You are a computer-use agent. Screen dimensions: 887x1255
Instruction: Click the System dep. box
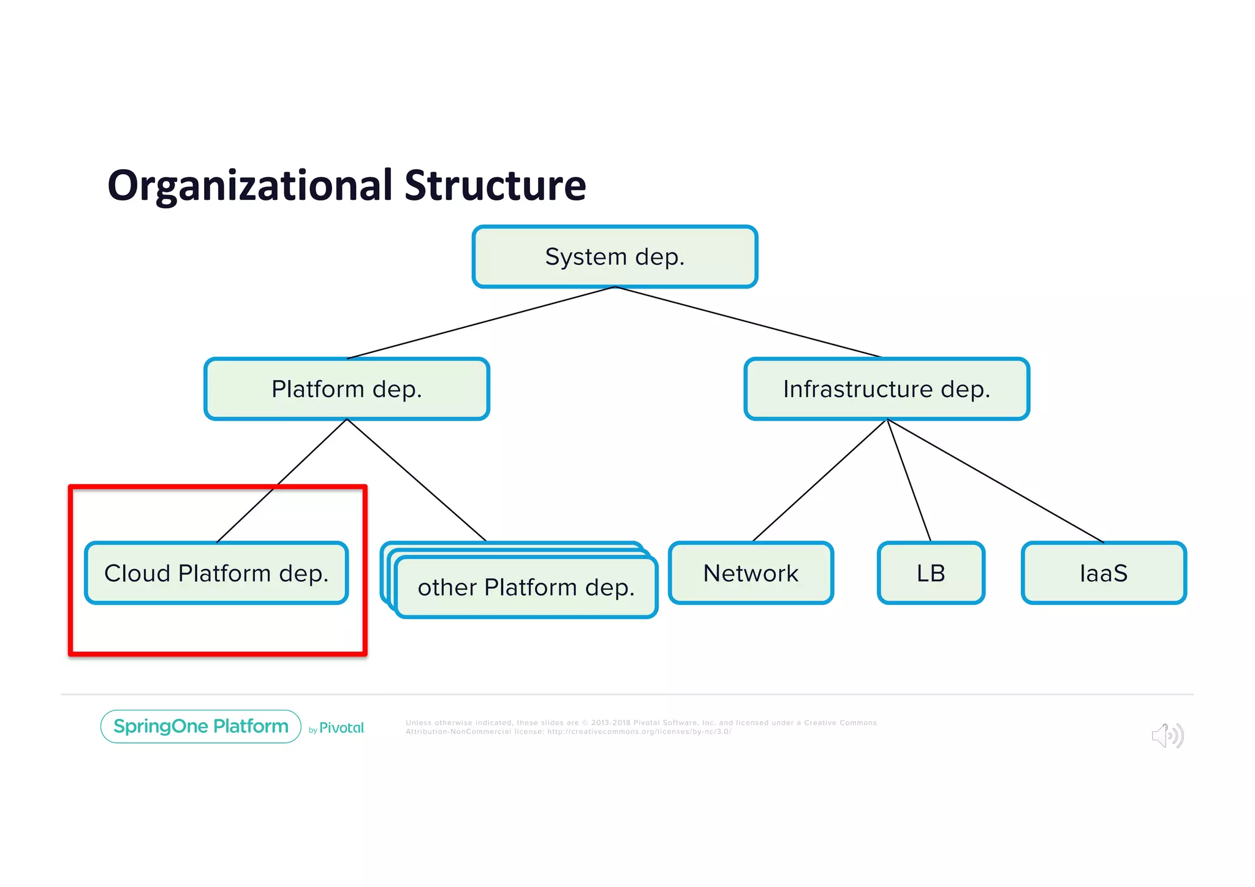point(615,257)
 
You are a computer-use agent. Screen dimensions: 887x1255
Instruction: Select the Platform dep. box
point(347,389)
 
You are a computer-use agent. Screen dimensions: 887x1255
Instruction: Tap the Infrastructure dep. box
point(887,389)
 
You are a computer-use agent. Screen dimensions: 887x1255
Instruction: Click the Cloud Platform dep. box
point(216,574)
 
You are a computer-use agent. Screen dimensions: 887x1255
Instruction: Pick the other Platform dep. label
point(526,588)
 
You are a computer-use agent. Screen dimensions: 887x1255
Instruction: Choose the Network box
point(751,574)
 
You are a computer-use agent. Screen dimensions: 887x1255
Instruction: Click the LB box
point(931,574)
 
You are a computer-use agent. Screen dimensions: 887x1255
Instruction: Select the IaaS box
point(1104,574)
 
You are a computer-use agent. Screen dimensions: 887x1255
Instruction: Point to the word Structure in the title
point(495,186)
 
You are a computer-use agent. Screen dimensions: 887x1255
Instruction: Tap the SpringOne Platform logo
point(201,726)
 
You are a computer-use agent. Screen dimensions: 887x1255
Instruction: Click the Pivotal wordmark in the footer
point(341,728)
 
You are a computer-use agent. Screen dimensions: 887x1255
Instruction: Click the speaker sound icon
point(1167,736)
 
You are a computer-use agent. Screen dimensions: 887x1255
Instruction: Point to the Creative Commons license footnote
point(640,727)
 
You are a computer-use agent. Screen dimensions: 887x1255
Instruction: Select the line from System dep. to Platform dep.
point(481,322)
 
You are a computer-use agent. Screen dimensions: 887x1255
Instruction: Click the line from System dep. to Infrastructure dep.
point(748,322)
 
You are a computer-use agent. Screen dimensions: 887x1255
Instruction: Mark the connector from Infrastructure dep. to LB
point(909,481)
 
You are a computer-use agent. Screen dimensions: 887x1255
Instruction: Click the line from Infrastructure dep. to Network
point(820,481)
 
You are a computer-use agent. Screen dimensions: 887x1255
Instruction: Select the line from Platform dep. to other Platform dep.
point(417,481)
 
